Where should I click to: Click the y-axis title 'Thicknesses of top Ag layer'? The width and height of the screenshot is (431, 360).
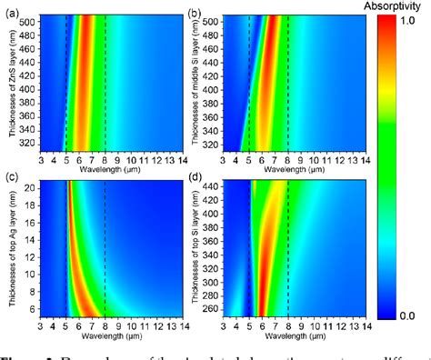click(10, 249)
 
